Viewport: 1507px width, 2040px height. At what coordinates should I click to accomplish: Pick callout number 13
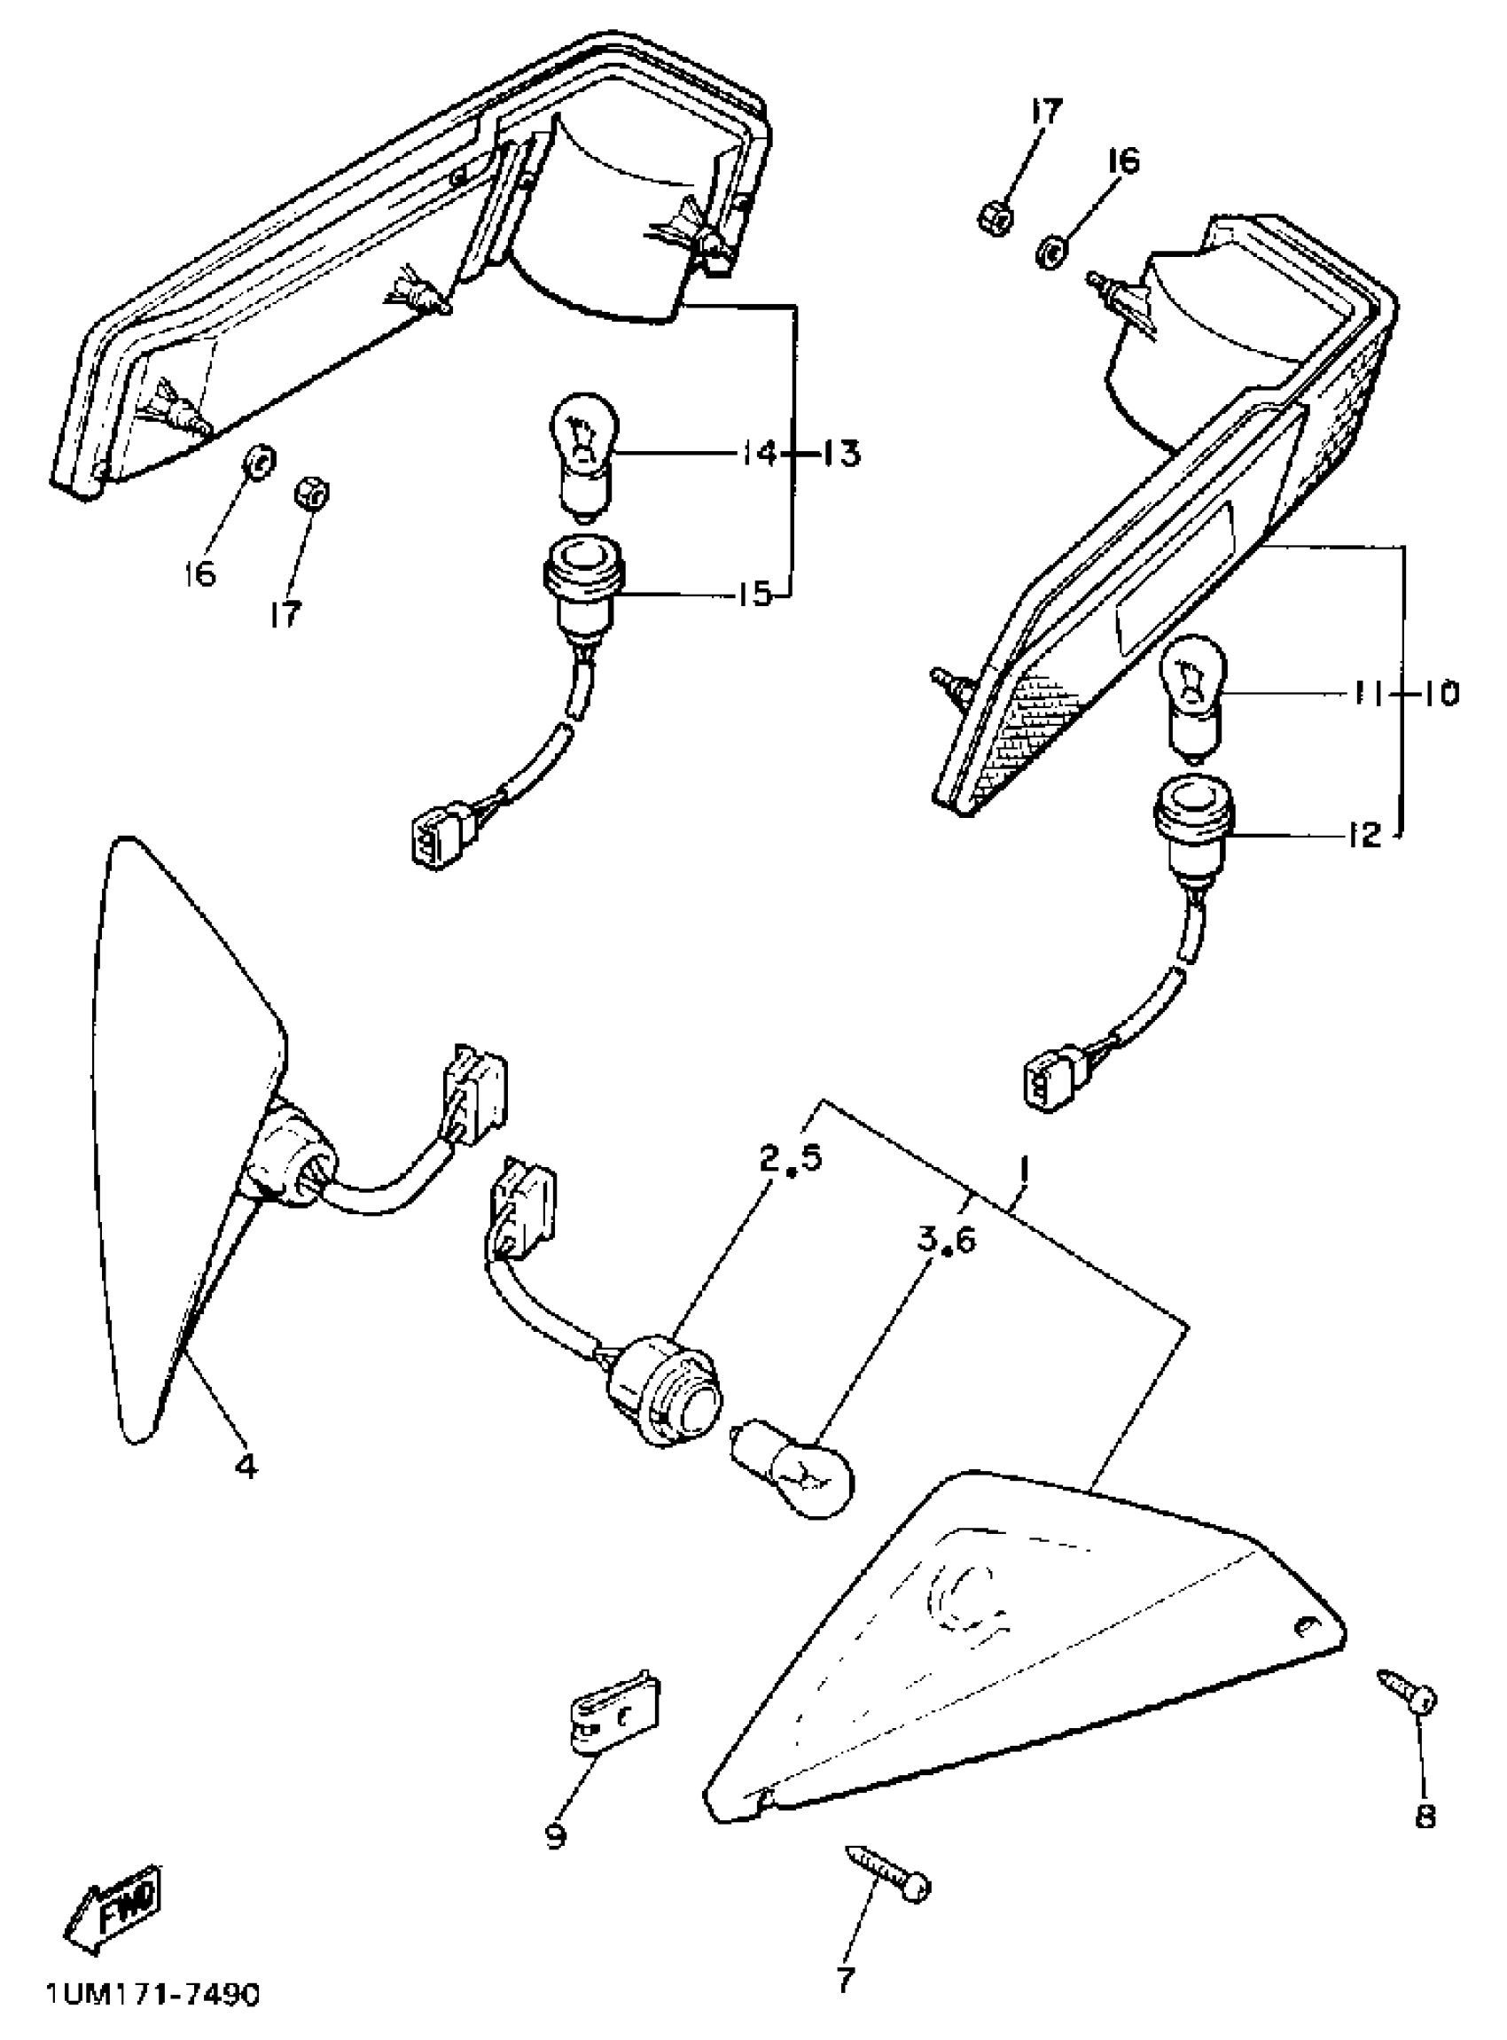pos(839,453)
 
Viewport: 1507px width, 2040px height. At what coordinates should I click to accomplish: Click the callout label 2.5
pos(790,1157)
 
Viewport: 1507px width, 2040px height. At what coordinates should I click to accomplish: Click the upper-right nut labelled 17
pos(992,219)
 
